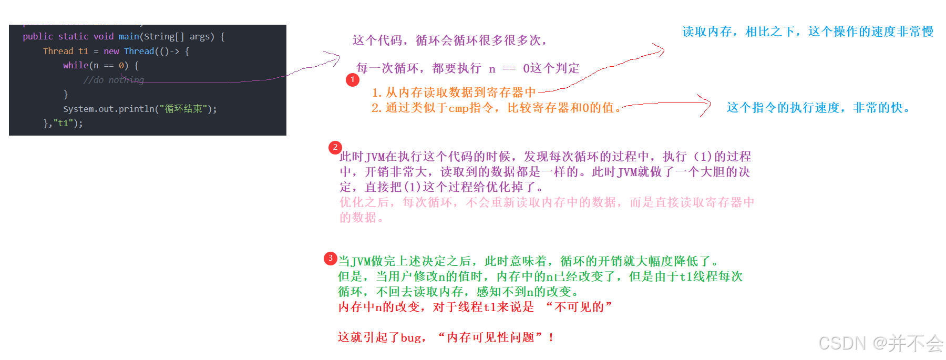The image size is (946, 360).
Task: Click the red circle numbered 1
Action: coord(353,80)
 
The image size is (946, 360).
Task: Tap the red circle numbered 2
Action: coord(335,148)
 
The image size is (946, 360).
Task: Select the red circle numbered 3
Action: coord(330,258)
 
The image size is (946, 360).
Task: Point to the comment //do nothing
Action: coord(113,80)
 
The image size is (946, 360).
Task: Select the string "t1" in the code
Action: coord(63,124)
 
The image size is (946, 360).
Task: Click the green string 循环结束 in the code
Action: coord(183,109)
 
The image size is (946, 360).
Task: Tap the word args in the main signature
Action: coord(199,37)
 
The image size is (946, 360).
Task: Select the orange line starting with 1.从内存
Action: coord(454,93)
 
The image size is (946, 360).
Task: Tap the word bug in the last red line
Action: coord(410,338)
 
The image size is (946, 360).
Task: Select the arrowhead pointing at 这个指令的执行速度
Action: coord(707,104)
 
